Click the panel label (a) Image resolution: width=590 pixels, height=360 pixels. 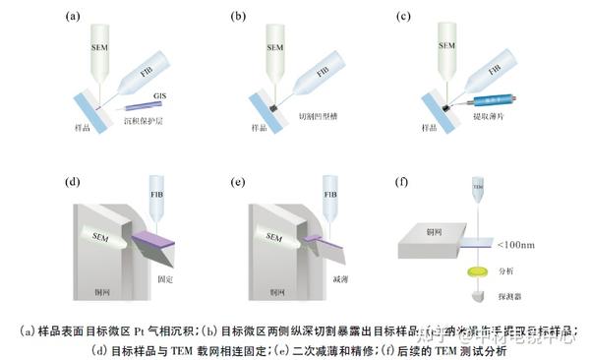[72, 17]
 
